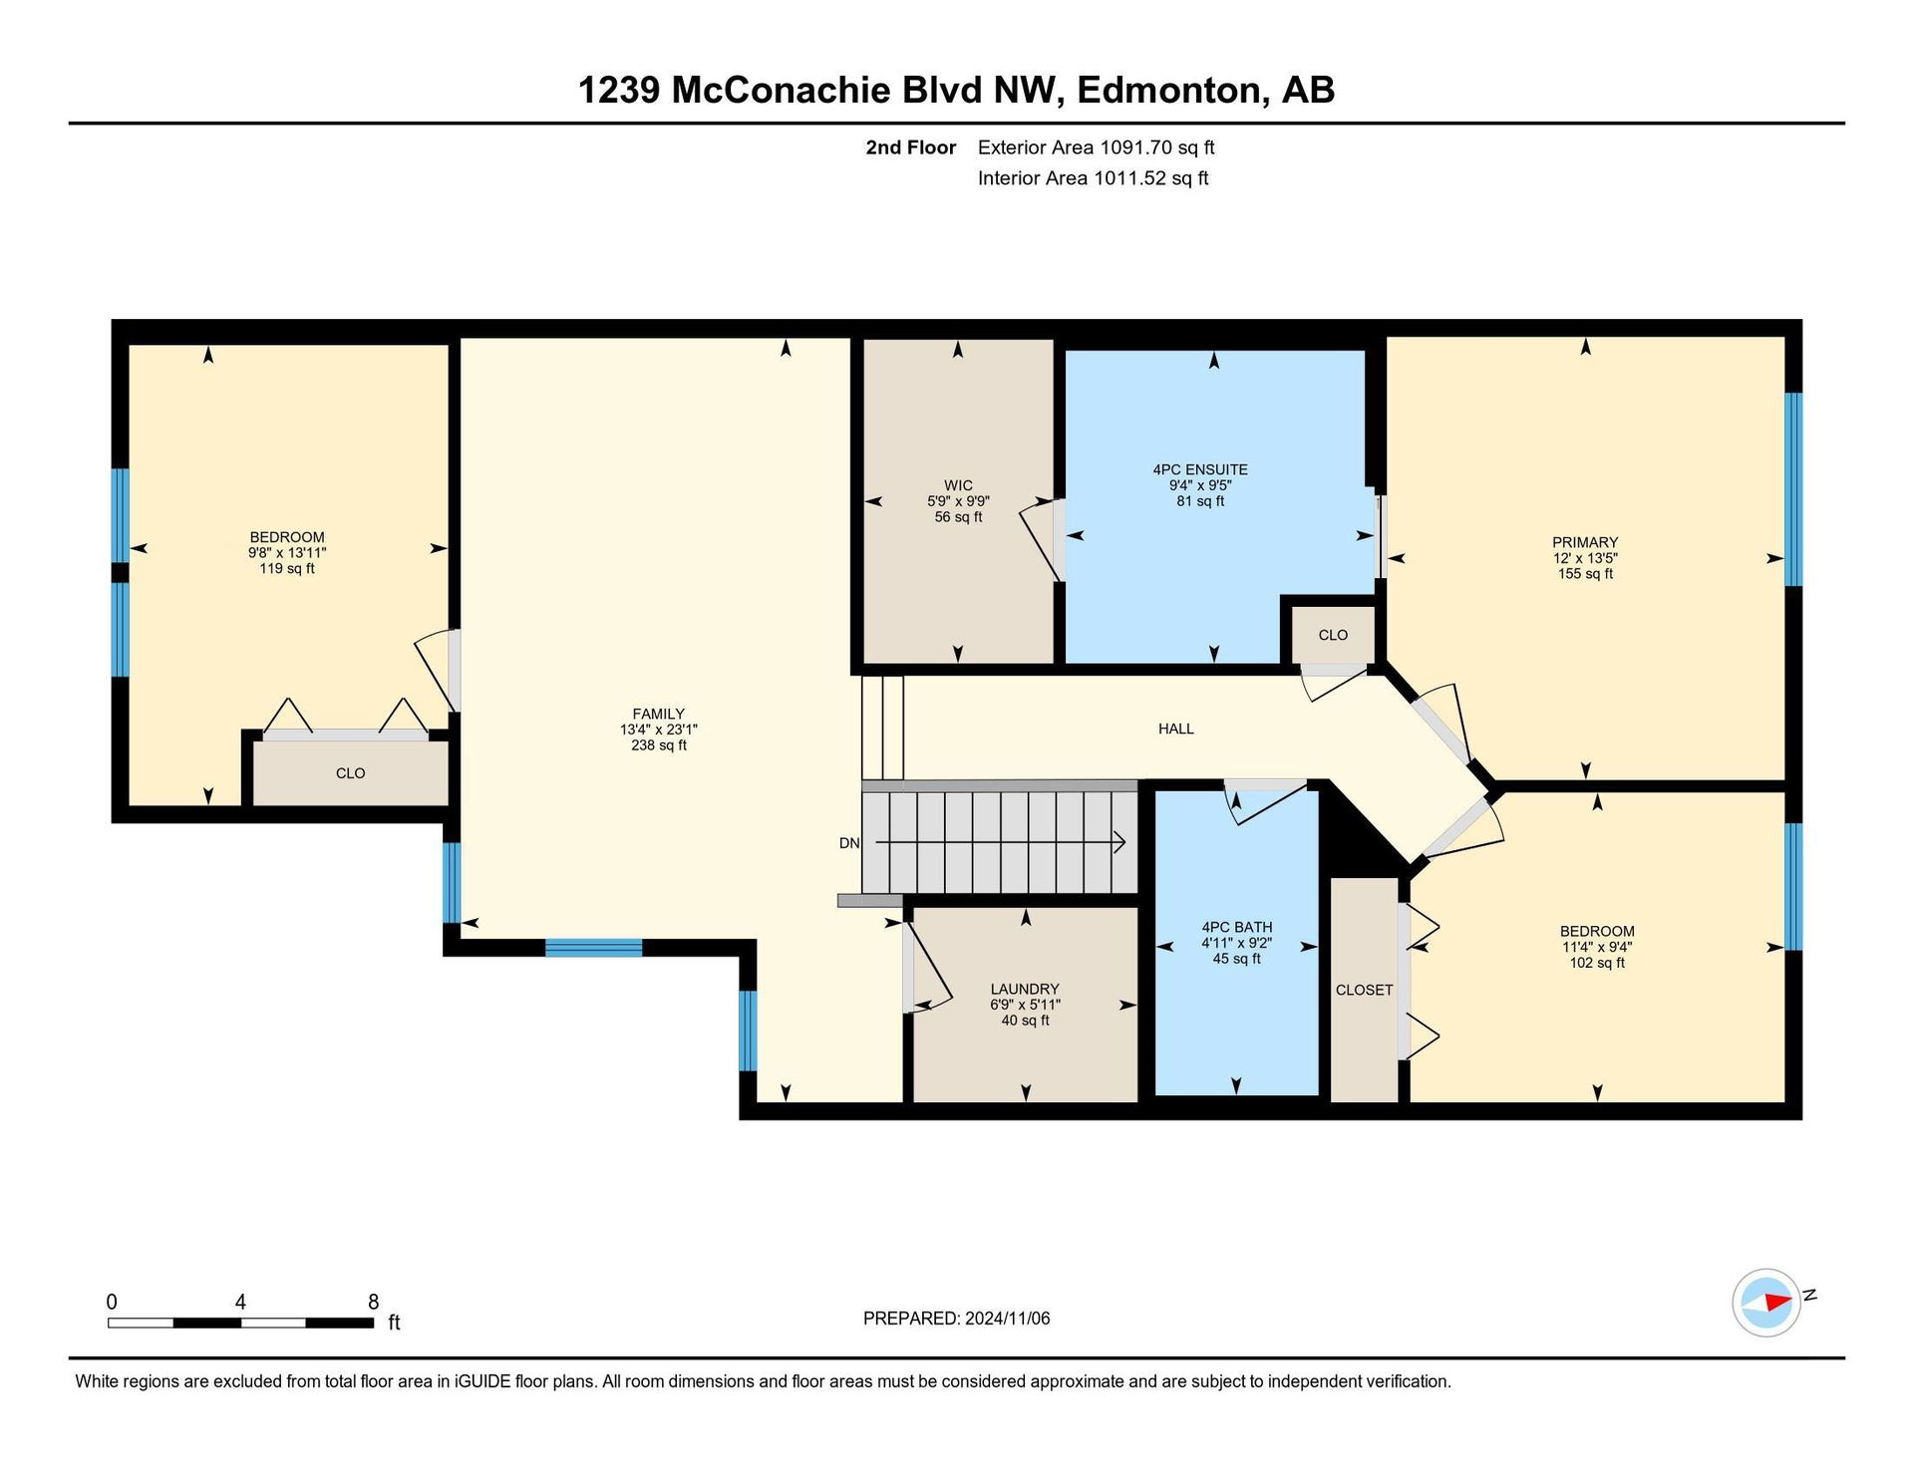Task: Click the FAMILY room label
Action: tap(658, 714)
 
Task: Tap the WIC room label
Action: tap(958, 485)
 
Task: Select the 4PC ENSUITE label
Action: tap(1200, 469)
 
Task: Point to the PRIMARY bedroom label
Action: tap(1585, 542)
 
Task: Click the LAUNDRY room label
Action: tap(1025, 989)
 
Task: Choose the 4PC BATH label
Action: tap(1237, 927)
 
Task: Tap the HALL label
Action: tap(1176, 729)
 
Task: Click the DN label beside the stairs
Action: tap(849, 843)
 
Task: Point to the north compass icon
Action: tap(1767, 1302)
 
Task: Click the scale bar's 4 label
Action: tap(240, 1302)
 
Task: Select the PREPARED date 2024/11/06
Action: tap(1007, 1319)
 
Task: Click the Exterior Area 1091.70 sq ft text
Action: tap(1096, 148)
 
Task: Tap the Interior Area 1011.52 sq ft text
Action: tap(1093, 178)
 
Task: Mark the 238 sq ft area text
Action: tap(658, 745)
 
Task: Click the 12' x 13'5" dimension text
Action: tap(1585, 558)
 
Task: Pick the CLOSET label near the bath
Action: tap(1364, 990)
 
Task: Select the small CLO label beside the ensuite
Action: tap(1333, 635)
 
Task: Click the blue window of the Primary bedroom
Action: tap(1793, 489)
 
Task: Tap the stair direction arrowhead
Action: tap(1119, 843)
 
